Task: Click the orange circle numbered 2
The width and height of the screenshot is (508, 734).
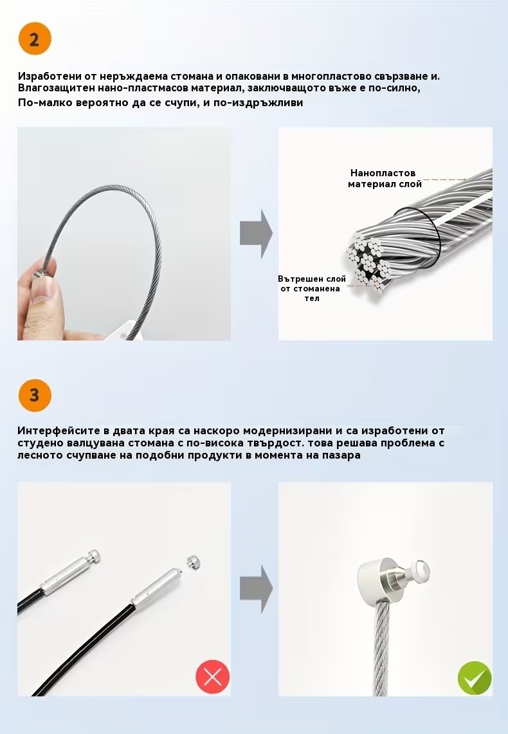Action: coord(35,39)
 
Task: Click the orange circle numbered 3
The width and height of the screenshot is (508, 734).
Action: coord(35,394)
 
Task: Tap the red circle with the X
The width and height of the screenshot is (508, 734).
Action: coord(213,676)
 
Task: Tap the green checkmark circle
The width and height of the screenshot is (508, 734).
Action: coord(475,678)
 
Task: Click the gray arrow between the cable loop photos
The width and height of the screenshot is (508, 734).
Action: coord(256,234)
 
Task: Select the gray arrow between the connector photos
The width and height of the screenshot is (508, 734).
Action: coord(256,589)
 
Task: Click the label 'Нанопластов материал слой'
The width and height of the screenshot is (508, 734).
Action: coord(385,178)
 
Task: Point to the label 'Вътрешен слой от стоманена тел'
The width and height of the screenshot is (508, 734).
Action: coord(311,288)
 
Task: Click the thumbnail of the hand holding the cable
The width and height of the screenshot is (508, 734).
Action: coord(124,234)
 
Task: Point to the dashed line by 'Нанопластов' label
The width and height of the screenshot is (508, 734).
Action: coord(444,179)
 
